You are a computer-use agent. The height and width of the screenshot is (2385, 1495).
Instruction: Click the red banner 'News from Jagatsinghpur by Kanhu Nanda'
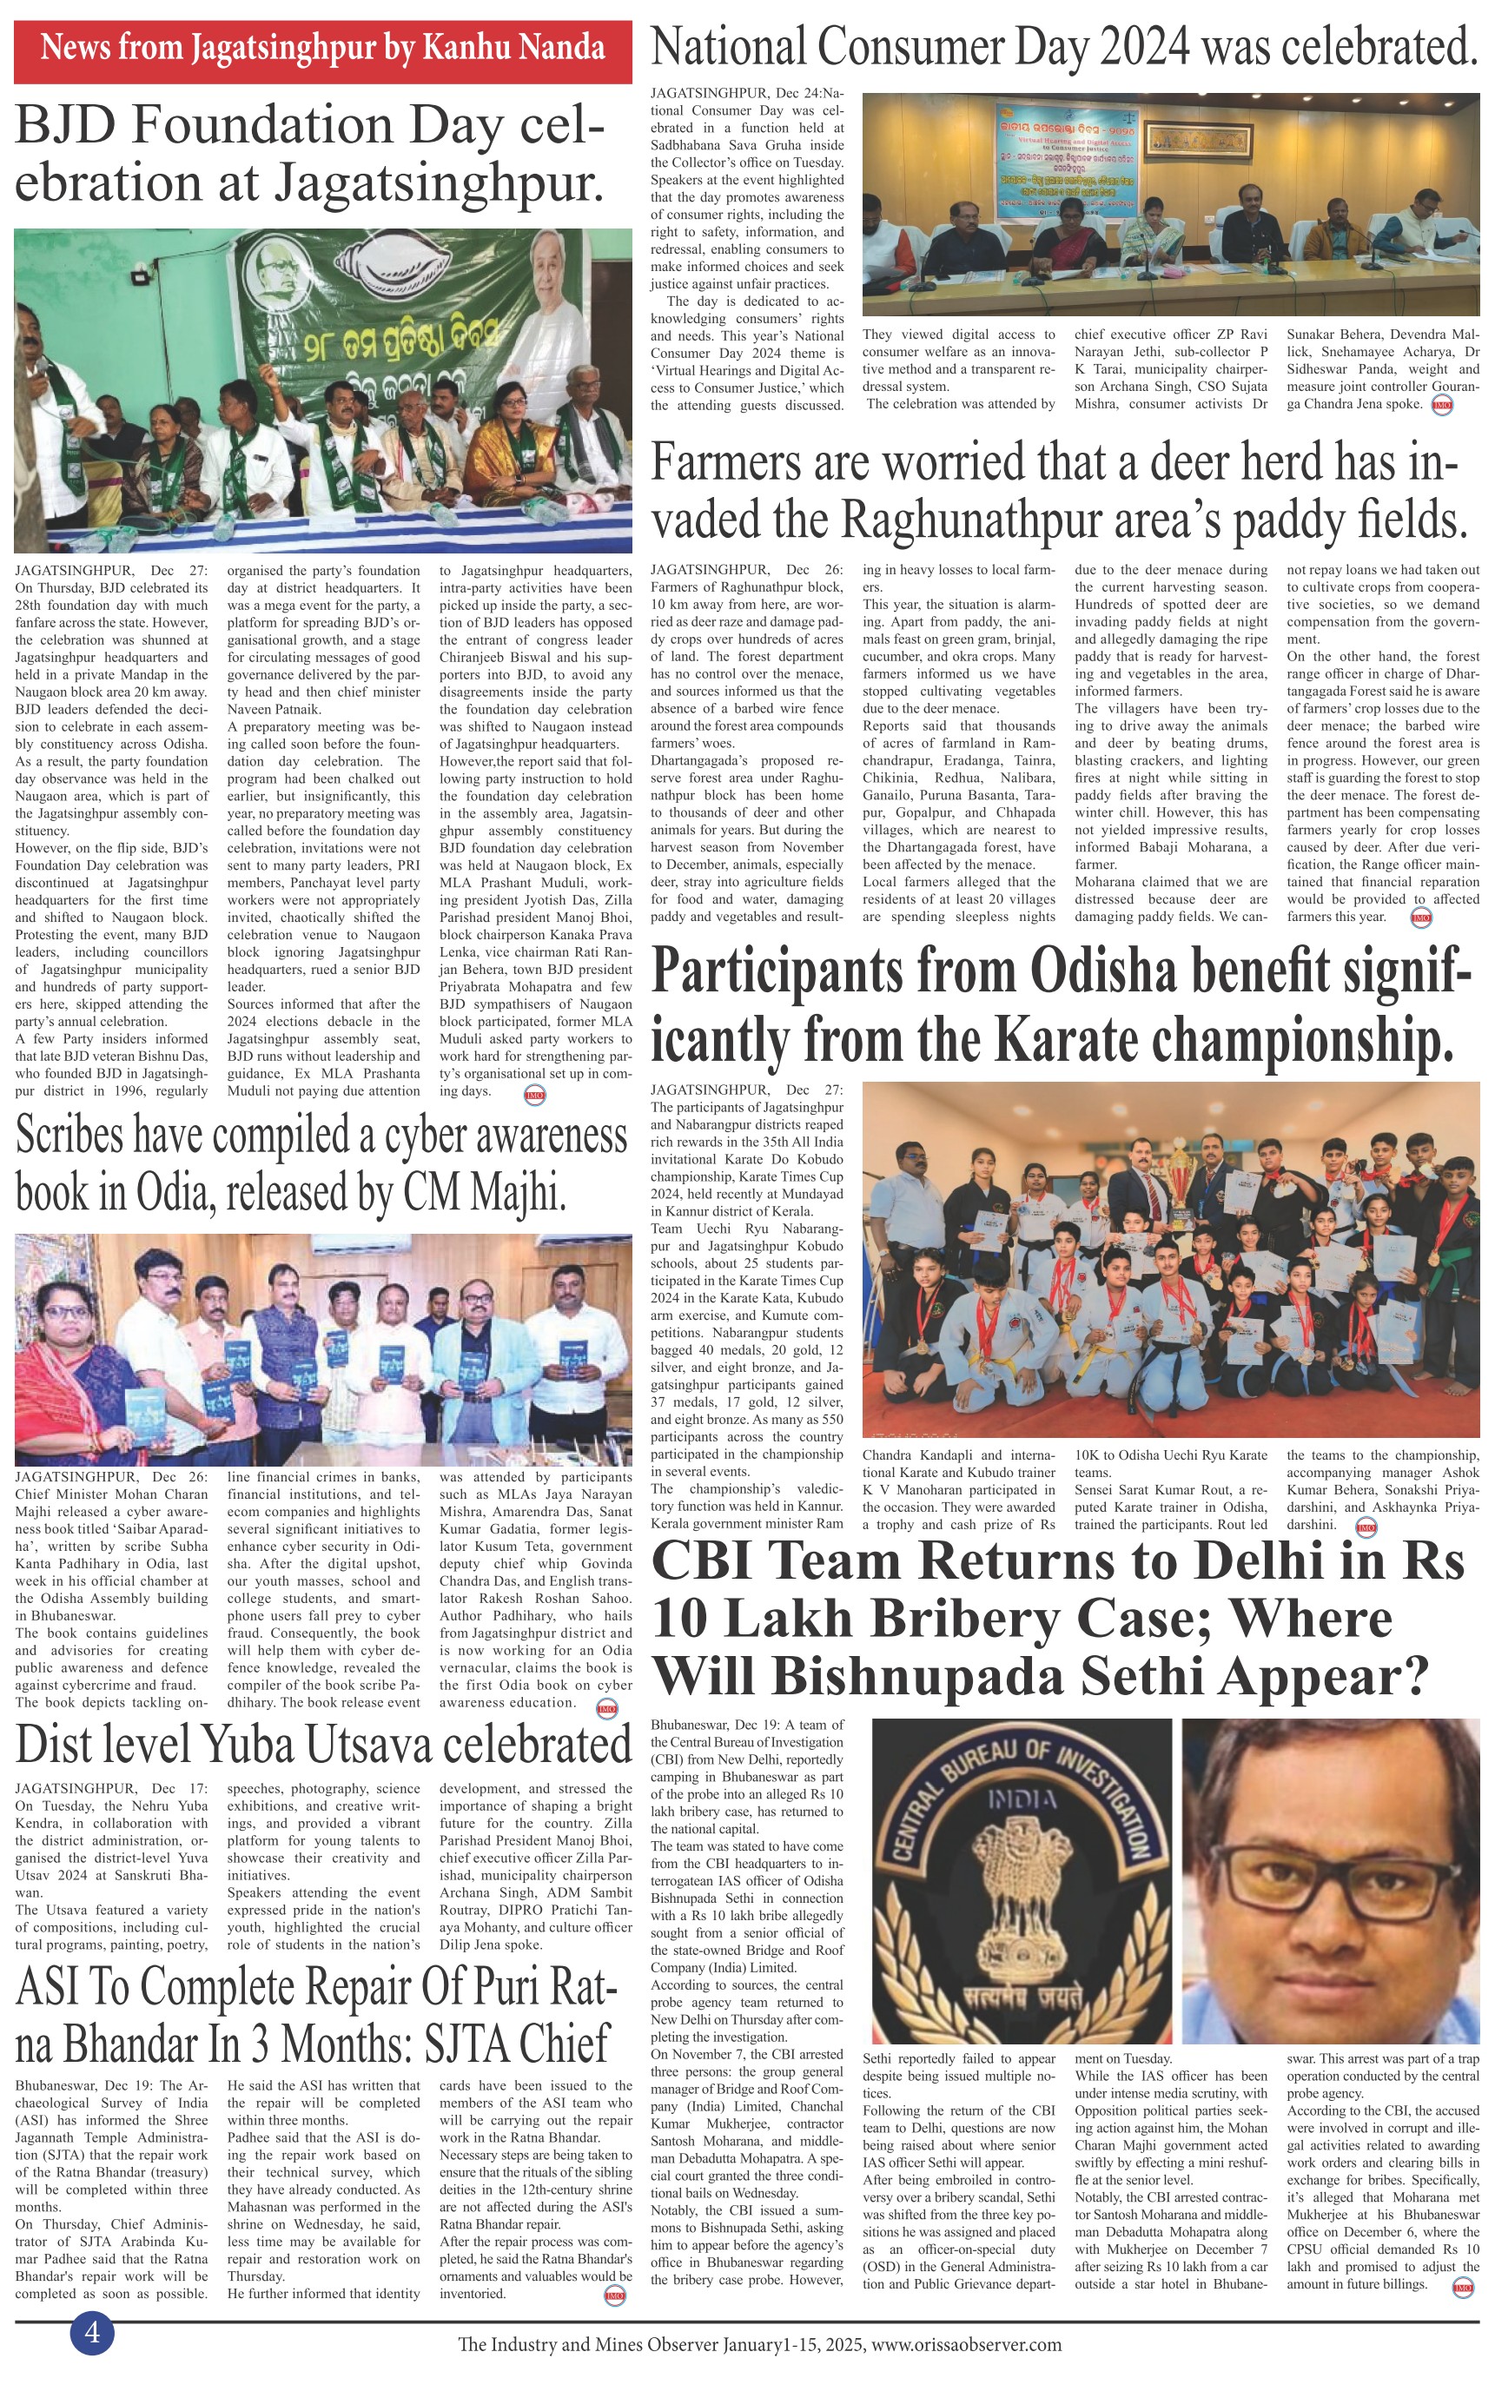coord(322,48)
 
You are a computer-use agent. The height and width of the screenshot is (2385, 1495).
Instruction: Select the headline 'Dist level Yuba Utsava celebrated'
coord(322,1745)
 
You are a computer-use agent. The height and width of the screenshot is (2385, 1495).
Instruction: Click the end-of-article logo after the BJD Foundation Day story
coord(533,1095)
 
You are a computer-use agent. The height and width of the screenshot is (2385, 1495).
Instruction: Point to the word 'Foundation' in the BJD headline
coord(265,126)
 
